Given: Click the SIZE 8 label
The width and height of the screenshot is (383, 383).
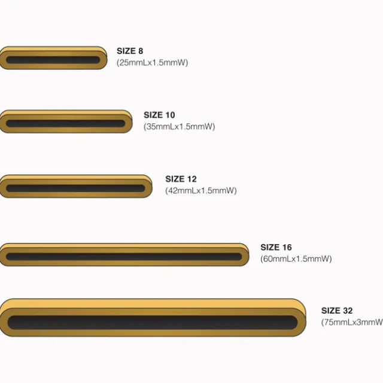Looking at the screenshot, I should coord(130,51).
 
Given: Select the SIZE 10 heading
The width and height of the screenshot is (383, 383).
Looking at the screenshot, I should coord(159,115).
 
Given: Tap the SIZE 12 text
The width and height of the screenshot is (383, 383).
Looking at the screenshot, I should coord(181,179).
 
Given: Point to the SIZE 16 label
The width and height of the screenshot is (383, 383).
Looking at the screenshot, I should coord(276,247).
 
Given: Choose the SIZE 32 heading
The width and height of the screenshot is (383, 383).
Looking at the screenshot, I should coord(337,311).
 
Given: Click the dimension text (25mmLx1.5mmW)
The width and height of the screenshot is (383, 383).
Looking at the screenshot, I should coord(152,62).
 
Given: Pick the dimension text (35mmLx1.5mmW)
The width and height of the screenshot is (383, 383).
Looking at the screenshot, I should coord(179,126).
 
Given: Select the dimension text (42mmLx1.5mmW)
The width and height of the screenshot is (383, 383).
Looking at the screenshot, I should coord(201,190).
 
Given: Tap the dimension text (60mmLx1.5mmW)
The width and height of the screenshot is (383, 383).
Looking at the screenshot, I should coord(296,259).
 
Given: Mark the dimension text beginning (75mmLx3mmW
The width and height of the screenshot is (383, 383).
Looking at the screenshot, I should coord(352,322).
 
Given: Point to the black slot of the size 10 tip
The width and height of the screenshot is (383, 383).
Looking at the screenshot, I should coord(65,124).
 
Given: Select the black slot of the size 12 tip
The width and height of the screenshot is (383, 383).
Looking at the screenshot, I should coord(75,189).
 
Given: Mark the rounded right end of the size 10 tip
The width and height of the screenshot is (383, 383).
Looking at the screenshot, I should coord(129,122).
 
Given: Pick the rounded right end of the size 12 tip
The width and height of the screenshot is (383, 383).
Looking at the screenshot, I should coord(149,187).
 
